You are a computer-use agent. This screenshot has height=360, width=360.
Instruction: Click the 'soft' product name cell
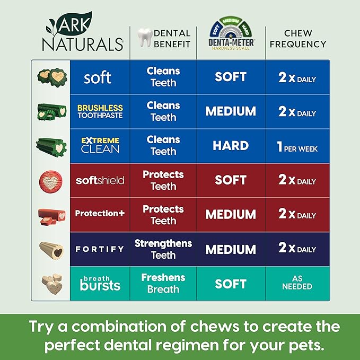click(x=98, y=77)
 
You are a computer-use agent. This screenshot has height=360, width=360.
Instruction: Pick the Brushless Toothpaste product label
click(x=100, y=111)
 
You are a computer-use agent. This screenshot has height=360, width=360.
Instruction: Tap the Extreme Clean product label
click(x=100, y=145)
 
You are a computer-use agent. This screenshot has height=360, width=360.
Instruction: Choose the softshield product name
click(x=100, y=180)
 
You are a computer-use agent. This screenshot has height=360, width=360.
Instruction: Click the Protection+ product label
click(x=100, y=214)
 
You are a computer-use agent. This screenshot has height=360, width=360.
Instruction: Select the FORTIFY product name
click(x=100, y=249)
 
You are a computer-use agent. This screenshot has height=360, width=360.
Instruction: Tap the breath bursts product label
click(x=100, y=283)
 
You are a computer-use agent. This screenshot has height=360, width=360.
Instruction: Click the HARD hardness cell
click(x=231, y=146)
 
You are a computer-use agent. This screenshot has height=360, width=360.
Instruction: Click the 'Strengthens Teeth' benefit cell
click(x=163, y=249)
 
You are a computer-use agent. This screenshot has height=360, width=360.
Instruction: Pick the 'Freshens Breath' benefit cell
click(x=163, y=283)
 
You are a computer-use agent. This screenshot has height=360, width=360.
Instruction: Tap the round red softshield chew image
click(x=51, y=181)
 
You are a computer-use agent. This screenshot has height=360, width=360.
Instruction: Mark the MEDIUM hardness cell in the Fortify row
click(x=231, y=249)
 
